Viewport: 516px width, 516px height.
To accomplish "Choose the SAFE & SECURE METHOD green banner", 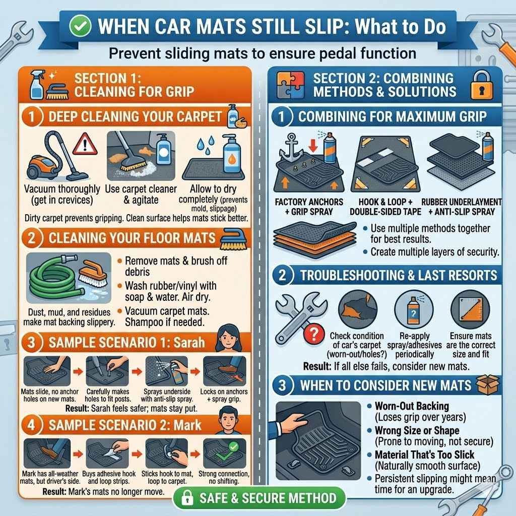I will (x=259, y=499).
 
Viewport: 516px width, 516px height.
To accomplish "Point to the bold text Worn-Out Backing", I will (x=412, y=406).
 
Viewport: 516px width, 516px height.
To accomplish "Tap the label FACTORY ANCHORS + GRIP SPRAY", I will (x=309, y=207).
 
